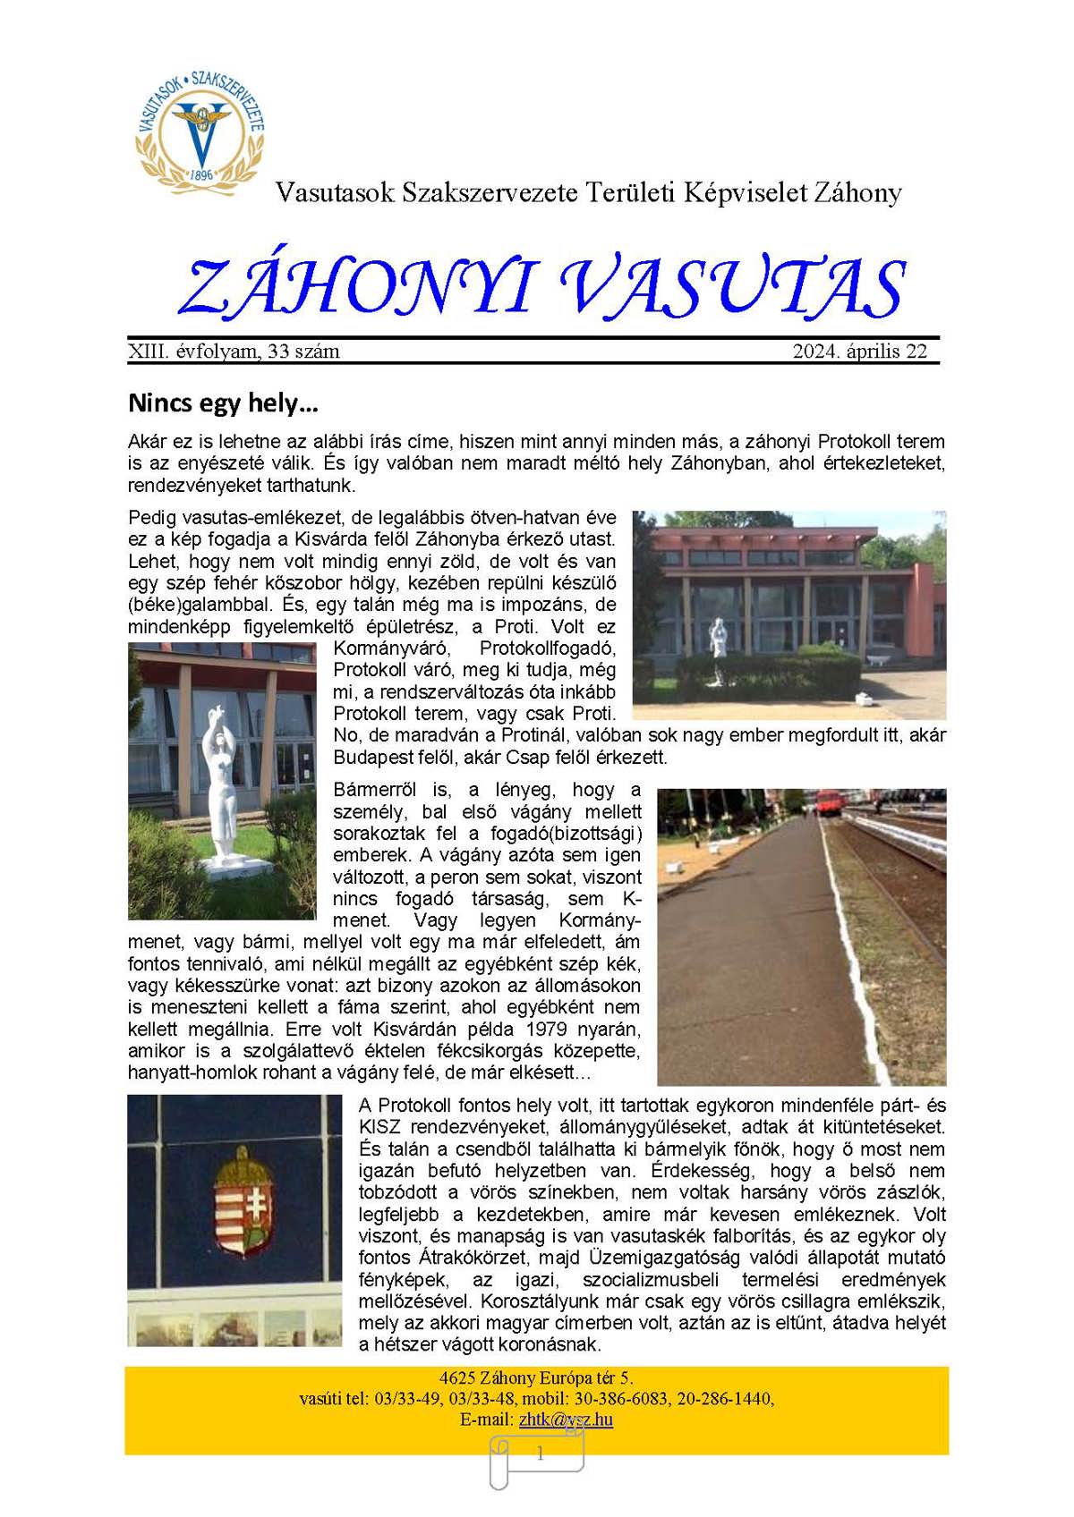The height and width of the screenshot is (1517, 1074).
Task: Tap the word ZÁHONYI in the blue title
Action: [x=356, y=288]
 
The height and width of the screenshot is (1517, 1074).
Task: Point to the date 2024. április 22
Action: [x=859, y=352]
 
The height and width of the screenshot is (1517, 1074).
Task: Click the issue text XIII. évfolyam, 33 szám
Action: [x=234, y=352]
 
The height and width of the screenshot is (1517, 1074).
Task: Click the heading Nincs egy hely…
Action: [x=223, y=403]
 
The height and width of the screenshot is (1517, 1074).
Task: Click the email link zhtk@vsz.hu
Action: [x=566, y=1420]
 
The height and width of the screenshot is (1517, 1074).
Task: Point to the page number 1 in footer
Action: [x=540, y=1454]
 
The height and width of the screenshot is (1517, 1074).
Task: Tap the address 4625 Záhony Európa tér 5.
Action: [x=536, y=1377]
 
